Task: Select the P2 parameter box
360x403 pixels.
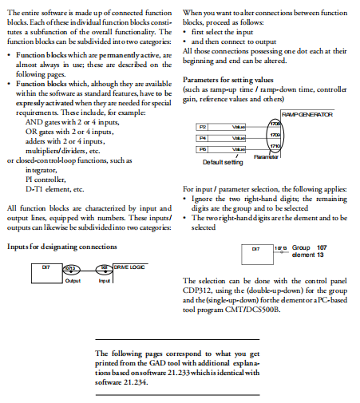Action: pyautogui.click(x=203, y=127)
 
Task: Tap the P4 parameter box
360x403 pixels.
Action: pyautogui.click(x=203, y=138)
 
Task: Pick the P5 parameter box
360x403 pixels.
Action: pyautogui.click(x=203, y=149)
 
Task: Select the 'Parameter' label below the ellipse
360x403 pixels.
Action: pyautogui.click(x=267, y=158)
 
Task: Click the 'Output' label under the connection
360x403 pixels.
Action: pyautogui.click(x=73, y=281)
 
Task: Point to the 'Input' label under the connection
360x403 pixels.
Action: pyautogui.click(x=104, y=281)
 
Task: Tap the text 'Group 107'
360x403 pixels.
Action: pyautogui.click(x=308, y=248)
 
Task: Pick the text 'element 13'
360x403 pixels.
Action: pyautogui.click(x=307, y=255)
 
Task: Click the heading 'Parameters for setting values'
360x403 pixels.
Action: pyautogui.click(x=228, y=81)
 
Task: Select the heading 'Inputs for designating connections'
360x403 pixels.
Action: pyautogui.click(x=61, y=246)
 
